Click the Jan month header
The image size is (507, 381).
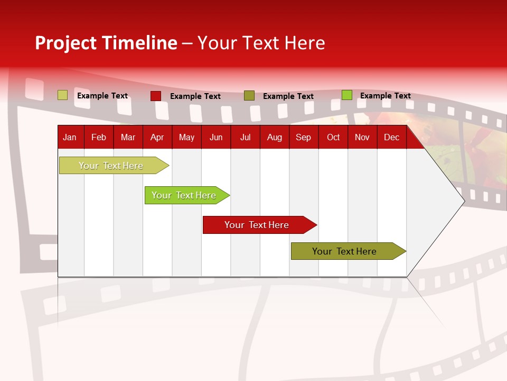coord(70,138)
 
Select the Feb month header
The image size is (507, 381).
coord(99,138)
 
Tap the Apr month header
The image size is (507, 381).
coord(157,138)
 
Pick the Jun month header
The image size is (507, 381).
coord(216,138)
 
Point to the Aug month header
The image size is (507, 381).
coord(274,138)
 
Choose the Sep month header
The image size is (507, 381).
coord(303,138)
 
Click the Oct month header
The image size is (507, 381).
coord(333,138)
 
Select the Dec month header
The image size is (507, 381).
coord(391,138)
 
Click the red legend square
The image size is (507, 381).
coord(156,96)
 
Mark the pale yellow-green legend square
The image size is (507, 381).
coord(63,95)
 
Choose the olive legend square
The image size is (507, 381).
coord(249,96)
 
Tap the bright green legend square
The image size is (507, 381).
coord(347,95)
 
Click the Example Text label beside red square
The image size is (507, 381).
coord(195,96)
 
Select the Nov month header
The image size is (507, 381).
coord(362,138)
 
